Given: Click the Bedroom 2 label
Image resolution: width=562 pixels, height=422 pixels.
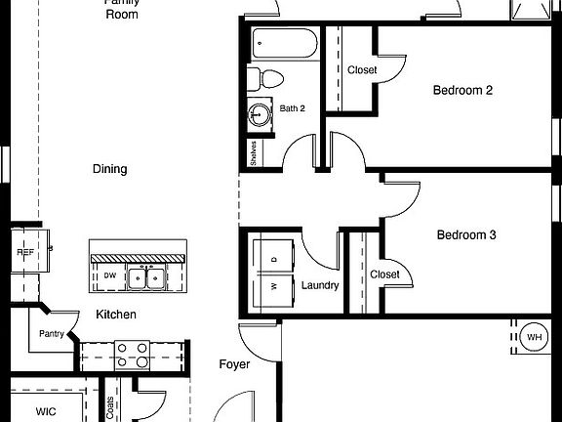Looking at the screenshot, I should [x=462, y=91].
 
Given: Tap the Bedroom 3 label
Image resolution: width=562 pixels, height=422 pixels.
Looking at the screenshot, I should [x=465, y=235].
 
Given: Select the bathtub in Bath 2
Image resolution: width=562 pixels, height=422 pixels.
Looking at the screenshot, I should [x=284, y=45].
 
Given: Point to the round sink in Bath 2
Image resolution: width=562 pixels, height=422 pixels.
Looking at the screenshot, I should [x=260, y=114].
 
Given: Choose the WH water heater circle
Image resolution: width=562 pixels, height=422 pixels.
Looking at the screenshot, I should [x=534, y=338].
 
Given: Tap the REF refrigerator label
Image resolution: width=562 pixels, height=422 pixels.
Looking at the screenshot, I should [x=24, y=252].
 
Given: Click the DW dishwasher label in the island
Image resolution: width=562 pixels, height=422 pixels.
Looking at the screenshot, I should [x=110, y=276].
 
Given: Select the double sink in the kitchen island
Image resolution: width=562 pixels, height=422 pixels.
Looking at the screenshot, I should [x=148, y=278].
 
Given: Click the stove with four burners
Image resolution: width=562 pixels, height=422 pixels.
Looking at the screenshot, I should [x=132, y=353].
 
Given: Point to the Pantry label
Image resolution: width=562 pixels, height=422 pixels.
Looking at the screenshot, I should [x=51, y=334].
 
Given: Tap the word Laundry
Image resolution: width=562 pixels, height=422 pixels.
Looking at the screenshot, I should [x=319, y=285].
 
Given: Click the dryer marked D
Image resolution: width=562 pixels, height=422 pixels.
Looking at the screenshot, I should [x=273, y=258].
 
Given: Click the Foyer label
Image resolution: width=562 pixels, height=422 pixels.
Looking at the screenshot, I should [x=234, y=364].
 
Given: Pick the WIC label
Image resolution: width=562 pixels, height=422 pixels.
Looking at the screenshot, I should [x=46, y=412].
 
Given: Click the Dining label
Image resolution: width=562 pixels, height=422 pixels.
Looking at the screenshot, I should [x=109, y=169].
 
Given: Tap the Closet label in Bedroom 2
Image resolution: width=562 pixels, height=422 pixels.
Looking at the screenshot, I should [x=362, y=69].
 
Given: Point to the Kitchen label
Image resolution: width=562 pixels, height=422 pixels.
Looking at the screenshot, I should [x=115, y=315].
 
